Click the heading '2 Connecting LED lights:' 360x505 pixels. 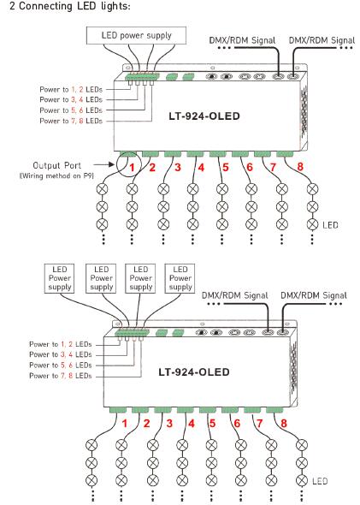click(69, 6)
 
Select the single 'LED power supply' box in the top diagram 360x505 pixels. click(136, 35)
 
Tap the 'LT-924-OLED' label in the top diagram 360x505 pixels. click(204, 116)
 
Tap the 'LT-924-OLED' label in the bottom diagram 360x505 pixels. click(193, 372)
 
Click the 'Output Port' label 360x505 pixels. click(57, 165)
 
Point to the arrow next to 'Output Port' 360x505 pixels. click(104, 164)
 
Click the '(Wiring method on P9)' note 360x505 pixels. click(56, 175)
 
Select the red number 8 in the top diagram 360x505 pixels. click(300, 167)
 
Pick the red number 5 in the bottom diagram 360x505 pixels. click(212, 423)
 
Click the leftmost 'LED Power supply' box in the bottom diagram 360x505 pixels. click(60, 278)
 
